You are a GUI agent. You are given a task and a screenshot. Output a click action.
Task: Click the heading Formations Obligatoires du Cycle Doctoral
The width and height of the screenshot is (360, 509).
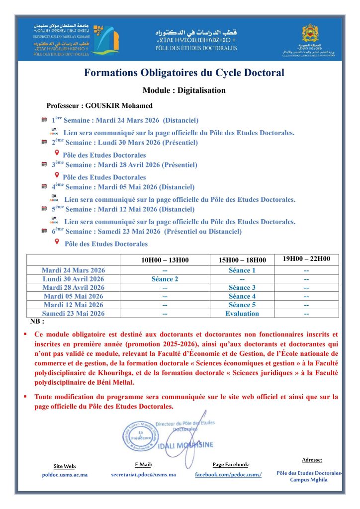click(184, 73)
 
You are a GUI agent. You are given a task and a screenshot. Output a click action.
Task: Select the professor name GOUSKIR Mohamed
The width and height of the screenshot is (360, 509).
click(119, 106)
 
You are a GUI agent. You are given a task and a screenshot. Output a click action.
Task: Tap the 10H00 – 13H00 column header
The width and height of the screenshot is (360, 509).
click(164, 260)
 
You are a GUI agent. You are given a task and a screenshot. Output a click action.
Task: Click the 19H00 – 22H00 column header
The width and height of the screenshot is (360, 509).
click(306, 259)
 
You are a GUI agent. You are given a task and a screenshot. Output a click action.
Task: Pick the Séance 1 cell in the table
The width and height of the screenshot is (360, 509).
click(242, 270)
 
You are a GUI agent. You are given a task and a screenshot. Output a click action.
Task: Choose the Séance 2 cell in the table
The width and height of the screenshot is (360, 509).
click(165, 279)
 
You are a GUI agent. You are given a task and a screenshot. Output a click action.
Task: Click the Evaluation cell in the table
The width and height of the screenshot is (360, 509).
click(242, 314)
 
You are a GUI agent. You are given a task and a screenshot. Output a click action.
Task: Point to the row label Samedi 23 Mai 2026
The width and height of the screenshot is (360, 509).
click(73, 314)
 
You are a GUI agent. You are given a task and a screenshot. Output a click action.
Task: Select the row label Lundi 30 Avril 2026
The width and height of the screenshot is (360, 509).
click(73, 279)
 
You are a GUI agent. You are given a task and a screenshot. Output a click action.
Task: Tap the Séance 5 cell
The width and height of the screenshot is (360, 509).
click(242, 305)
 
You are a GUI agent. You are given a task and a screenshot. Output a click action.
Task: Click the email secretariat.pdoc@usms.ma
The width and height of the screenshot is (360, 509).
click(143, 474)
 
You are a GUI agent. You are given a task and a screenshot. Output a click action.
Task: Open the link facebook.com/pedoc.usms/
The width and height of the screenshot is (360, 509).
click(228, 475)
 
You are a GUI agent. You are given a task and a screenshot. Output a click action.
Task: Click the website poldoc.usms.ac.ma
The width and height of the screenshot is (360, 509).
click(65, 475)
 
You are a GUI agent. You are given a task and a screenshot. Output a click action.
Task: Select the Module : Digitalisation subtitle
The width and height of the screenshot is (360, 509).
click(184, 90)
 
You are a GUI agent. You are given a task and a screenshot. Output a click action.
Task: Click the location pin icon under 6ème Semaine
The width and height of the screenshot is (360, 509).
click(57, 242)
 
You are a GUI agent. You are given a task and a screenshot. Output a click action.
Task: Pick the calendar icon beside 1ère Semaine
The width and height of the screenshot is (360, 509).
click(44, 120)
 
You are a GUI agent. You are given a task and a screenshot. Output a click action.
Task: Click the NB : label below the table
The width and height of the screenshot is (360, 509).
click(37, 322)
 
